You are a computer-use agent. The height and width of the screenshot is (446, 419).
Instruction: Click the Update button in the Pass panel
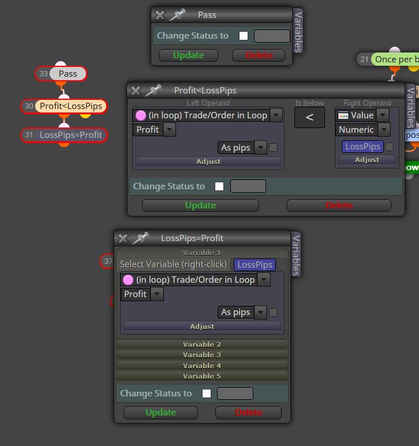pyautogui.click(x=188, y=55)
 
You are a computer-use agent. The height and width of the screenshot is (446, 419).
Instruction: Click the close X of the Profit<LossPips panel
pyautogui.click(x=136, y=91)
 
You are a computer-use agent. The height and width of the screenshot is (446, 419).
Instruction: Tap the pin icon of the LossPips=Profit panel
pyautogui.click(x=141, y=238)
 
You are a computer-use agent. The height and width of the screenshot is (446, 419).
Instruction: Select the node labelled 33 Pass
pyautogui.click(x=61, y=74)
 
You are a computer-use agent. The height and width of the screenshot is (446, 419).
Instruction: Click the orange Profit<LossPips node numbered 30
pyautogui.click(x=64, y=106)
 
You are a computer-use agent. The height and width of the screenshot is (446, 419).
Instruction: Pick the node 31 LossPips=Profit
pyautogui.click(x=64, y=135)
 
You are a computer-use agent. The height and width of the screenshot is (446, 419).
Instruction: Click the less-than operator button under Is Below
pyautogui.click(x=309, y=117)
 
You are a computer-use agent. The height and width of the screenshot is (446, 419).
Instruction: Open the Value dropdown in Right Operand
pyautogui.click(x=362, y=115)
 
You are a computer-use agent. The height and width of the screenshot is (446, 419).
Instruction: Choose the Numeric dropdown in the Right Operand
pyautogui.click(x=362, y=130)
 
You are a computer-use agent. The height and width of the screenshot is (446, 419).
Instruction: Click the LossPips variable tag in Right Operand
pyautogui.click(x=362, y=147)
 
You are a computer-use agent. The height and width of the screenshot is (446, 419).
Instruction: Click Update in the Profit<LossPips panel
pyautogui.click(x=200, y=205)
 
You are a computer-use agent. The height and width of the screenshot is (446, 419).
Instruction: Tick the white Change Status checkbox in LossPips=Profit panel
pyautogui.click(x=207, y=393)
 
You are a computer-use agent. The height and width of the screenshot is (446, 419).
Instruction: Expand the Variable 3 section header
pyautogui.click(x=202, y=355)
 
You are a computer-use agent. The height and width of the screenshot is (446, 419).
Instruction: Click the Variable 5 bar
pyautogui.click(x=202, y=376)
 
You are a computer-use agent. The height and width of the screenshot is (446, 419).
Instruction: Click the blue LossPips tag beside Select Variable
pyautogui.click(x=255, y=264)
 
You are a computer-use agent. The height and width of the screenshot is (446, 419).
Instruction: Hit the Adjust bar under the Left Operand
pyautogui.click(x=208, y=162)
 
